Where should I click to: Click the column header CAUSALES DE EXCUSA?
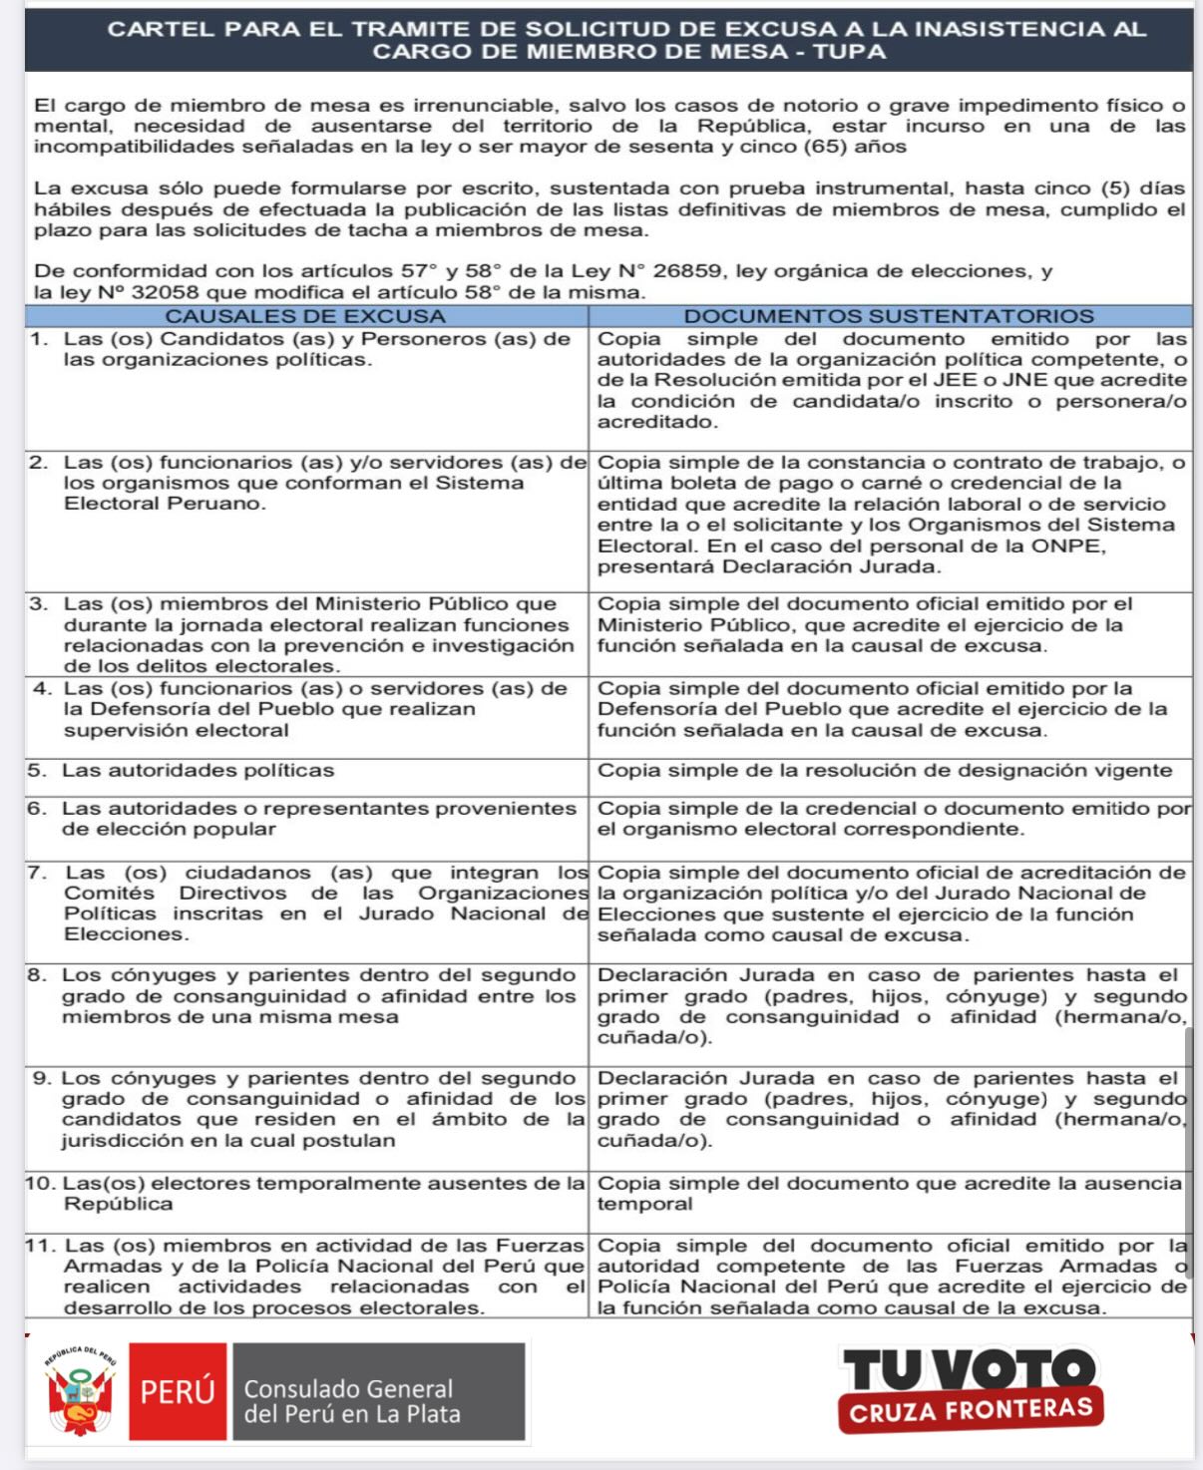pos(305,316)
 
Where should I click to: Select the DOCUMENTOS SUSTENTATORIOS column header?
pos(889,316)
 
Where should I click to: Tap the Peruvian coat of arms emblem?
pos(79,1392)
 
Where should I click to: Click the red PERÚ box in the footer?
pos(178,1391)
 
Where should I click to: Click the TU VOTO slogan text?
pos(968,1369)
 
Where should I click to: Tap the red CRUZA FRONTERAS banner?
pos(971,1410)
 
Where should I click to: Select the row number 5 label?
pos(37,770)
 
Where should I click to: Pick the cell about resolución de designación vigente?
pos(884,770)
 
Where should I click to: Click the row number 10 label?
pos(41,1184)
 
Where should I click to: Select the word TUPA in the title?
pos(849,52)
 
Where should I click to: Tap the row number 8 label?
pos(37,975)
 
